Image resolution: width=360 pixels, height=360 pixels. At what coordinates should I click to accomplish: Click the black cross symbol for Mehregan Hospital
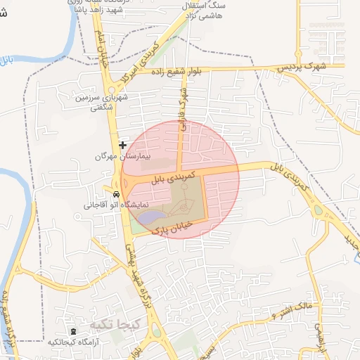coord(123,145)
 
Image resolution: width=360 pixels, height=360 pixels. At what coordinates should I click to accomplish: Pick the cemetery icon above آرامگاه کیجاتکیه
coord(72,331)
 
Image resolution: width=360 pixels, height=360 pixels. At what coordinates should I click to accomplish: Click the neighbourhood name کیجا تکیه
coord(106,325)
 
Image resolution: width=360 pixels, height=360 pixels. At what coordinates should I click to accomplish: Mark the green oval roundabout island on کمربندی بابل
coord(319,210)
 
